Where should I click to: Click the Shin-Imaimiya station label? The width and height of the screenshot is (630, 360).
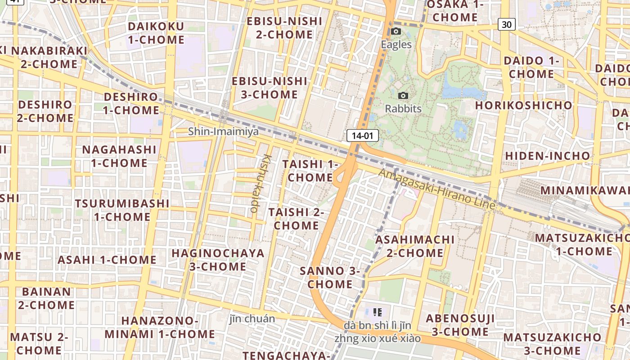pyautogui.click(x=223, y=131)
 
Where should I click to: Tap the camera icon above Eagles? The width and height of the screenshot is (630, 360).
pyautogui.click(x=396, y=31)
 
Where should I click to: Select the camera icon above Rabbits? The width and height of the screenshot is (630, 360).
pyautogui.click(x=403, y=95)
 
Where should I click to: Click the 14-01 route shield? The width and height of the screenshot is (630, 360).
pyautogui.click(x=362, y=135)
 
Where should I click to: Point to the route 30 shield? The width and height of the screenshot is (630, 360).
pyautogui.click(x=506, y=24)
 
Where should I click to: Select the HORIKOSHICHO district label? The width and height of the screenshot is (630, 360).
pyautogui.click(x=524, y=105)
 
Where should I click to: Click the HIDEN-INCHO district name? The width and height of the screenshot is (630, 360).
pyautogui.click(x=547, y=156)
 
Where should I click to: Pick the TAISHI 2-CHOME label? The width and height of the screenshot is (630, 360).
pyautogui.click(x=297, y=218)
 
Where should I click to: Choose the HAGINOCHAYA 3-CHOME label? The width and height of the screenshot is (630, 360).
pyautogui.click(x=218, y=260)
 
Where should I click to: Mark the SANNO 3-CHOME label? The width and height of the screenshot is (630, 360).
pyautogui.click(x=330, y=278)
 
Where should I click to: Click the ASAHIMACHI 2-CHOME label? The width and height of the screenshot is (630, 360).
pyautogui.click(x=415, y=246)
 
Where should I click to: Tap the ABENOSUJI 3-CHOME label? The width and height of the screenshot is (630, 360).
pyautogui.click(x=460, y=325)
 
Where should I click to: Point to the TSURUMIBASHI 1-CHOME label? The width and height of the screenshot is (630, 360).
pyautogui.click(x=122, y=210)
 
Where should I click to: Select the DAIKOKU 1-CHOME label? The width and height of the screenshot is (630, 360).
pyautogui.click(x=156, y=33)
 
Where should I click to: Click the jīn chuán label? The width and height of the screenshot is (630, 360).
pyautogui.click(x=252, y=319)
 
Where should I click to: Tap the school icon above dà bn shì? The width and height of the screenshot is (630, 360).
pyautogui.click(x=378, y=311)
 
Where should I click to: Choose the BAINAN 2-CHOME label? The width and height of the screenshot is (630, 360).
pyautogui.click(x=46, y=298)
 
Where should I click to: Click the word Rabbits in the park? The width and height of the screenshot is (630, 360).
pyautogui.click(x=403, y=108)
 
